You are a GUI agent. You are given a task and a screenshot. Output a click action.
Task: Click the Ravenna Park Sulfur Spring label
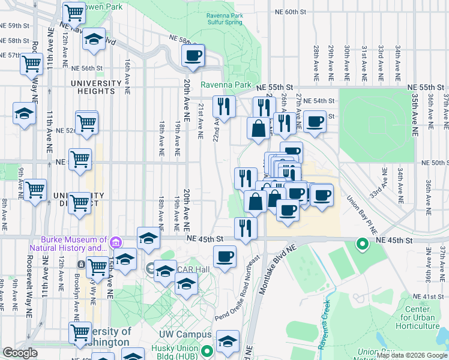pos(224,18)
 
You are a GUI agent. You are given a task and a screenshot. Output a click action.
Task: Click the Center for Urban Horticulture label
pos(421,318)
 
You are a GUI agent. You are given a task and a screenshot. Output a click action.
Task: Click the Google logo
pos(20,353)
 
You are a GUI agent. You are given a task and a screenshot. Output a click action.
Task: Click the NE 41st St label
pos(427,296)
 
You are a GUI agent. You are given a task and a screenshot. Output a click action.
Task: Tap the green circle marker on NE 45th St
pos(361,244)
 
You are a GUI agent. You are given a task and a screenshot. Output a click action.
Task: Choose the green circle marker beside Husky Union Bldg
pos(206,351)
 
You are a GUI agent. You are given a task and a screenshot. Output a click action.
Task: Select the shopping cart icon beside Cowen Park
pos(74,11)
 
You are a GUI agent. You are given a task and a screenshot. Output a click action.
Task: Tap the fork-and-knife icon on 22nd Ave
pos(224,106)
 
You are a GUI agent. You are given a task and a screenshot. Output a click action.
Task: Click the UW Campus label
pos(185,334)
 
